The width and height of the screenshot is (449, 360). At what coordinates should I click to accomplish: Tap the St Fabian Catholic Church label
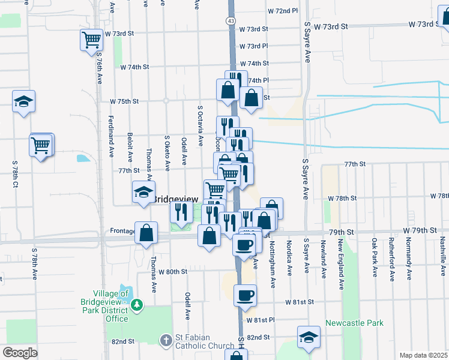coord(204,341)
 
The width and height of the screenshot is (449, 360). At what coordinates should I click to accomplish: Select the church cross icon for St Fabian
coord(167,340)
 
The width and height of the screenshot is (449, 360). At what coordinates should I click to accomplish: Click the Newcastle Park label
coord(354,323)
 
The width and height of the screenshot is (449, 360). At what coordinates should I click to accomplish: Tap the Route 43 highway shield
coord(231,21)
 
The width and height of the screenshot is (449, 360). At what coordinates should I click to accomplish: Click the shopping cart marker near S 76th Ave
coord(92,40)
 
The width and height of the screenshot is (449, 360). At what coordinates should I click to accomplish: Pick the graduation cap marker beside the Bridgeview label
coord(143,192)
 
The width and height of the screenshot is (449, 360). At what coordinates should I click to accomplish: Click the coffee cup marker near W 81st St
coord(245,295)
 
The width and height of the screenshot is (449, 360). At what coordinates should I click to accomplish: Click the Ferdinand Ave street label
coord(112,137)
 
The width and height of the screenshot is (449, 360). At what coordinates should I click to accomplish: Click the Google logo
coord(20,353)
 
